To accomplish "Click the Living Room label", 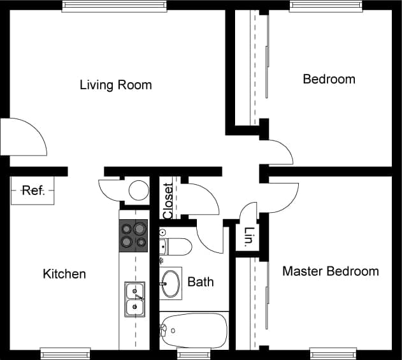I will [x=115, y=85].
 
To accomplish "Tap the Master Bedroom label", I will [x=330, y=271].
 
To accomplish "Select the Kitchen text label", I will [x=64, y=274].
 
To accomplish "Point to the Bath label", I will [x=200, y=282].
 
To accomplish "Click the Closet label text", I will [x=168, y=201].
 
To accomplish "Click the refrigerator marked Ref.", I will [x=32, y=191].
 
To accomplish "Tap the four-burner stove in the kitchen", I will [x=134, y=235].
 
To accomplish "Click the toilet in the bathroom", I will [x=175, y=247].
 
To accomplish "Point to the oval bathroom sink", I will [x=170, y=283].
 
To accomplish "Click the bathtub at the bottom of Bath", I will [x=193, y=329].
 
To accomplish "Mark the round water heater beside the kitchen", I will [x=138, y=190].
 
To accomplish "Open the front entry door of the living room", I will [x=24, y=138].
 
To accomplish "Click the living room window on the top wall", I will [x=115, y=6].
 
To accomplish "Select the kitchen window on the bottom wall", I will [x=65, y=352].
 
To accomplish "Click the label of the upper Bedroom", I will [x=329, y=80].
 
